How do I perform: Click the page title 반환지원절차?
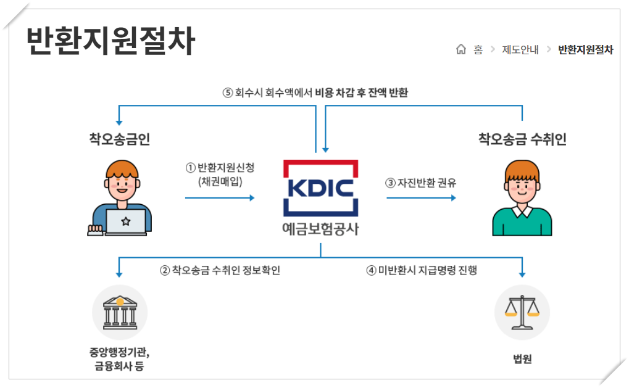111,42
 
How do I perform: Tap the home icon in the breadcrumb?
460,50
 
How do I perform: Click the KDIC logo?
320,187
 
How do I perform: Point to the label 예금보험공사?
320,229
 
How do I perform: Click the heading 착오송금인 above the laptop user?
119,139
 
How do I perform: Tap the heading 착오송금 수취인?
522,139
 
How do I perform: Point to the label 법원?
522,359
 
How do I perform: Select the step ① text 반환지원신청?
220,168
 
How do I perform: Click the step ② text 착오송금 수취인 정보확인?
220,270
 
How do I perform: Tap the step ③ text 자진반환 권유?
421,183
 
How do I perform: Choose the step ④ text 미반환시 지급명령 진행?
422,270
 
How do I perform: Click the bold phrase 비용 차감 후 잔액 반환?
362,93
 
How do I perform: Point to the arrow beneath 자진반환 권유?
422,197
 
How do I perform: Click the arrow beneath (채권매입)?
220,197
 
